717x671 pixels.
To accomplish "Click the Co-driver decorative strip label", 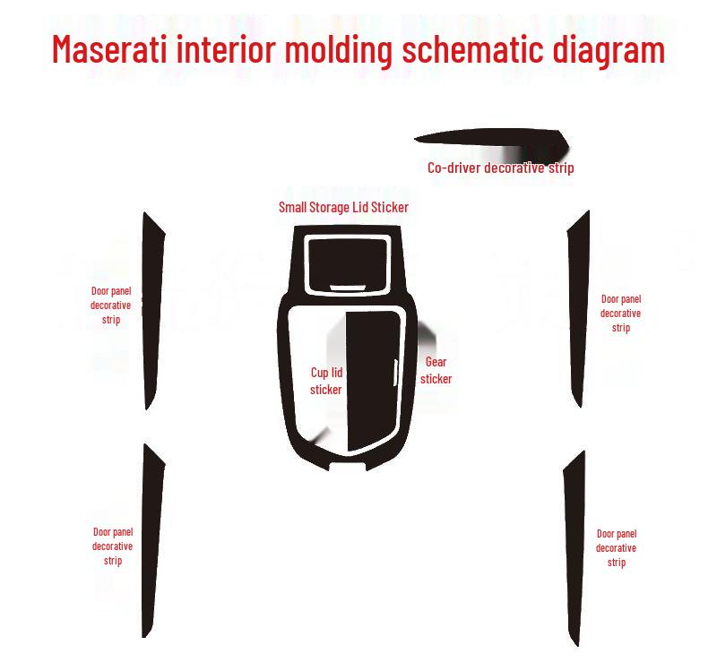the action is click(x=500, y=168).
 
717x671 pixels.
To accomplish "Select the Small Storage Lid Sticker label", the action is click(x=343, y=207).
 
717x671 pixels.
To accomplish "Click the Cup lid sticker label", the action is click(x=326, y=381).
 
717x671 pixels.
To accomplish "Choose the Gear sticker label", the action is click(x=436, y=370).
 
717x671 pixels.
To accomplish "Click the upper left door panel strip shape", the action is click(x=153, y=309).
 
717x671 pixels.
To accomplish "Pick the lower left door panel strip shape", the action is click(x=151, y=538).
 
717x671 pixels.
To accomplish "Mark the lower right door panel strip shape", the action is click(x=574, y=546).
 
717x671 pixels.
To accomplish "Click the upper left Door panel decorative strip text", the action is click(x=111, y=305).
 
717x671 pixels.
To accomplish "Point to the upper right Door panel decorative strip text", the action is click(x=620, y=314).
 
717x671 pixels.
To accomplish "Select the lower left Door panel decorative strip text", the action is click(x=112, y=546).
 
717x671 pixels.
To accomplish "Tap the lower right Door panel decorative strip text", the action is click(x=616, y=548).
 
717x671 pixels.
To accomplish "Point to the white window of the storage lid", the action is click(x=346, y=260).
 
